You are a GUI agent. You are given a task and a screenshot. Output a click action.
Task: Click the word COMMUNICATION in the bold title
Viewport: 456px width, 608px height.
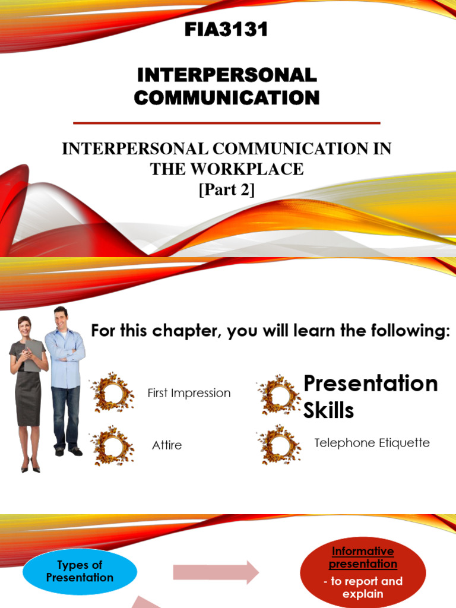[x=226, y=97]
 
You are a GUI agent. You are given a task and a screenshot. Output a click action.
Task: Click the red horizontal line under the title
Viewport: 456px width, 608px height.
[x=226, y=123]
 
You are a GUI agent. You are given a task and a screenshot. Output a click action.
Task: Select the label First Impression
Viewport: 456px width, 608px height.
[x=189, y=393]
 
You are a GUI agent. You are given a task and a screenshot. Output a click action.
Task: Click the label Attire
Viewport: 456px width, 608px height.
[x=167, y=445]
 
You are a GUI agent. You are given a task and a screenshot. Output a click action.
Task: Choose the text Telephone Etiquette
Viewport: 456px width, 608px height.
[x=372, y=443]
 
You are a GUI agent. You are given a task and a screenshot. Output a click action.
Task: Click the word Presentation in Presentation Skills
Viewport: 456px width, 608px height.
[x=370, y=384]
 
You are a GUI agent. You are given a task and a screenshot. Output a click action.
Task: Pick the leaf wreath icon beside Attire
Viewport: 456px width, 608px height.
[x=112, y=445]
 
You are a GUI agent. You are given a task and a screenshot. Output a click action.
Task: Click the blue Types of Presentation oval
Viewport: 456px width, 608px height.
[x=80, y=571]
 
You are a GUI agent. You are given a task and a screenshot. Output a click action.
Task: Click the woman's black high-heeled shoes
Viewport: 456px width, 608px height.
[x=30, y=467]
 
